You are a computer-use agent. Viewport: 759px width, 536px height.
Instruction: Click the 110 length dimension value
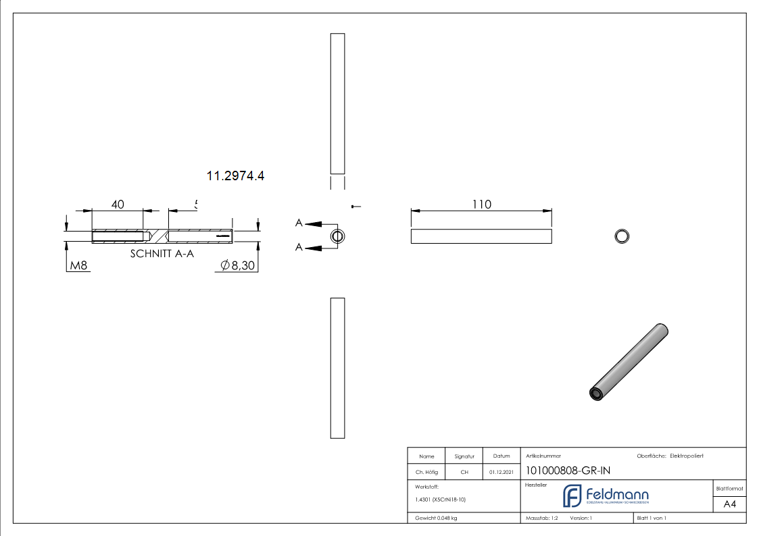[x=481, y=204]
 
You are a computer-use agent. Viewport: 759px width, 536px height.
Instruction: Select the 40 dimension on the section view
[x=118, y=205]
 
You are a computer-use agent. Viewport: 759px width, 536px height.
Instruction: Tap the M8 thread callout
[x=79, y=266]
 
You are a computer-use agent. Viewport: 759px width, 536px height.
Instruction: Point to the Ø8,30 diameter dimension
[x=238, y=266]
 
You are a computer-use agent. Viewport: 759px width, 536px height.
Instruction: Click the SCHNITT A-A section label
[x=162, y=254]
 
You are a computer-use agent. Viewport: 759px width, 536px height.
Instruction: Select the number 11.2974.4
[x=235, y=176]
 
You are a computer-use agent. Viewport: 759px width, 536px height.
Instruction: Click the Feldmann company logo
[x=606, y=496]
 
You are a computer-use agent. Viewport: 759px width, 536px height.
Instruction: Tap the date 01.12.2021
[x=501, y=472]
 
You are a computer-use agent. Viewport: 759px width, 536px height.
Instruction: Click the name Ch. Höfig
[x=426, y=472]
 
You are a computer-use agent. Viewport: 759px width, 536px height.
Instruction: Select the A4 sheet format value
[x=729, y=504]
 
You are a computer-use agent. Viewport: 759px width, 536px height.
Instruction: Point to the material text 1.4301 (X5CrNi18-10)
[x=441, y=500]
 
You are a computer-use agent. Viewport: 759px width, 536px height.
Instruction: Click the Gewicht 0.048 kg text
[x=436, y=518]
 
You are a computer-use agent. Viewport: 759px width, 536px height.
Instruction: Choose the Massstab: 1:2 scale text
[x=542, y=518]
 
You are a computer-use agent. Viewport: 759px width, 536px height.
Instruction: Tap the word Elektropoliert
[x=687, y=456]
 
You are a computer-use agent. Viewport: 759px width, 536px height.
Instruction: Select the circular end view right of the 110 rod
[x=621, y=236]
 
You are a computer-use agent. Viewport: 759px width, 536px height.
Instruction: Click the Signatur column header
[x=464, y=456]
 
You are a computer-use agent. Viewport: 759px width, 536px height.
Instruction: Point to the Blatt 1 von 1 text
[x=652, y=518]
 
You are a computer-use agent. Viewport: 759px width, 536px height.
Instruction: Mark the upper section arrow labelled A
[x=311, y=223]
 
